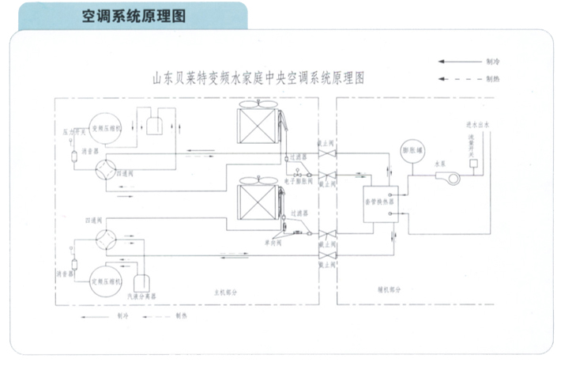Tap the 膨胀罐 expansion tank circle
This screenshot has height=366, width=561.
[x=412, y=153]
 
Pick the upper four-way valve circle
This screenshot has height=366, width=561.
[x=104, y=172]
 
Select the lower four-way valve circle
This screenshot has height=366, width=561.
[x=104, y=236]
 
